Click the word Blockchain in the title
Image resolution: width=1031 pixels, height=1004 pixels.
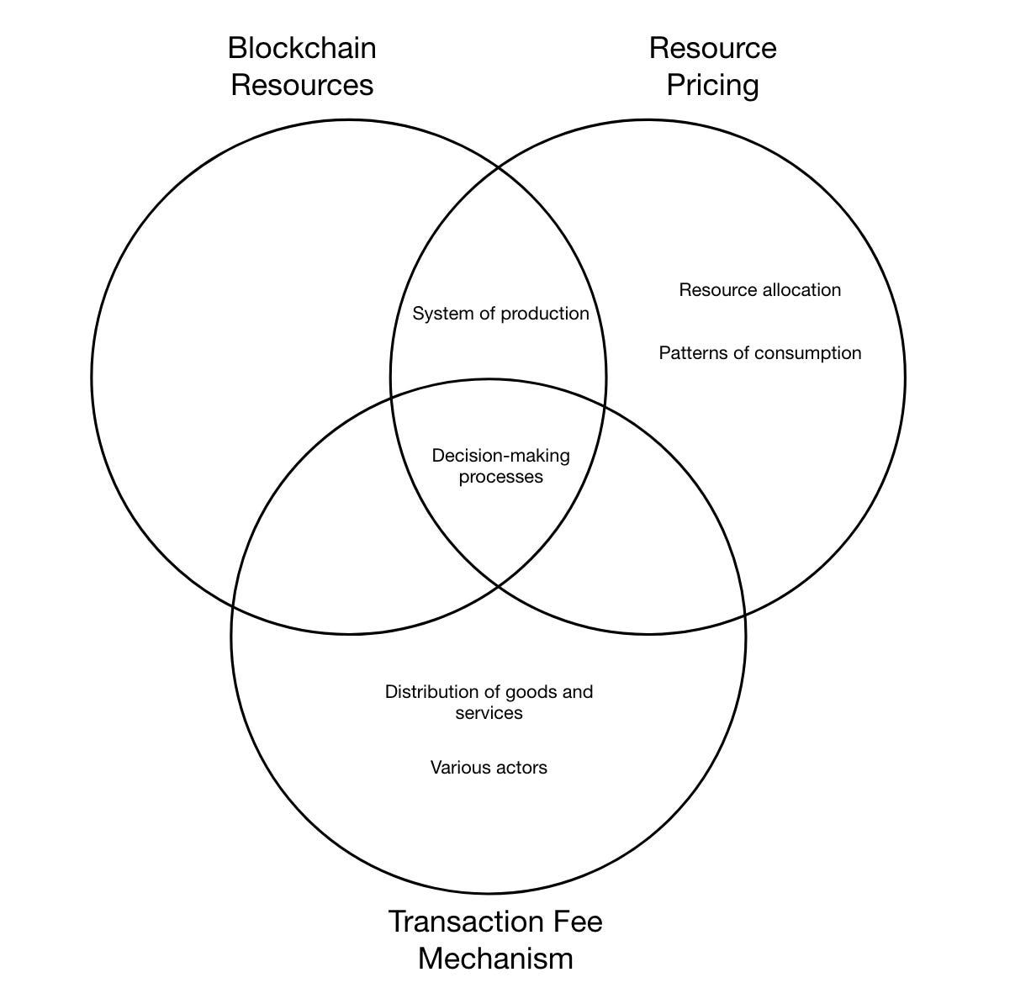[x=302, y=48]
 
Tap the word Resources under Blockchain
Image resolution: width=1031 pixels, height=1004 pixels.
[x=302, y=85]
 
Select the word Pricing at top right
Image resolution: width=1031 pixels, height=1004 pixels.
[x=712, y=85]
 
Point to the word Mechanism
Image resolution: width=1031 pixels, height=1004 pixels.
[x=495, y=959]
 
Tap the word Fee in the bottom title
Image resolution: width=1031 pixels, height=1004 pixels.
[x=576, y=922]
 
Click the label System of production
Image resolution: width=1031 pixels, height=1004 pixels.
[x=500, y=314]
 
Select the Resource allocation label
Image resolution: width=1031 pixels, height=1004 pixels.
[x=759, y=290]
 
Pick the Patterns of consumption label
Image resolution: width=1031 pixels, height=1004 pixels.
[x=759, y=353]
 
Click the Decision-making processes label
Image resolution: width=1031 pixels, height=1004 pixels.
[x=500, y=466]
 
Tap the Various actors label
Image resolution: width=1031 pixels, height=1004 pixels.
[x=489, y=767]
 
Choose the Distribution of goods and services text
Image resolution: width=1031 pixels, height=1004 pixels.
[x=489, y=702]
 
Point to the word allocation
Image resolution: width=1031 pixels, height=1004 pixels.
[x=801, y=290]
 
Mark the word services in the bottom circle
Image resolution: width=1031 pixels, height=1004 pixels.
[x=489, y=713]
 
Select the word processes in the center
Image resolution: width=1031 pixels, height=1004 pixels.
[x=500, y=478]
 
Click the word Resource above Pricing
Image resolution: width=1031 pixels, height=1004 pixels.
[x=712, y=48]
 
